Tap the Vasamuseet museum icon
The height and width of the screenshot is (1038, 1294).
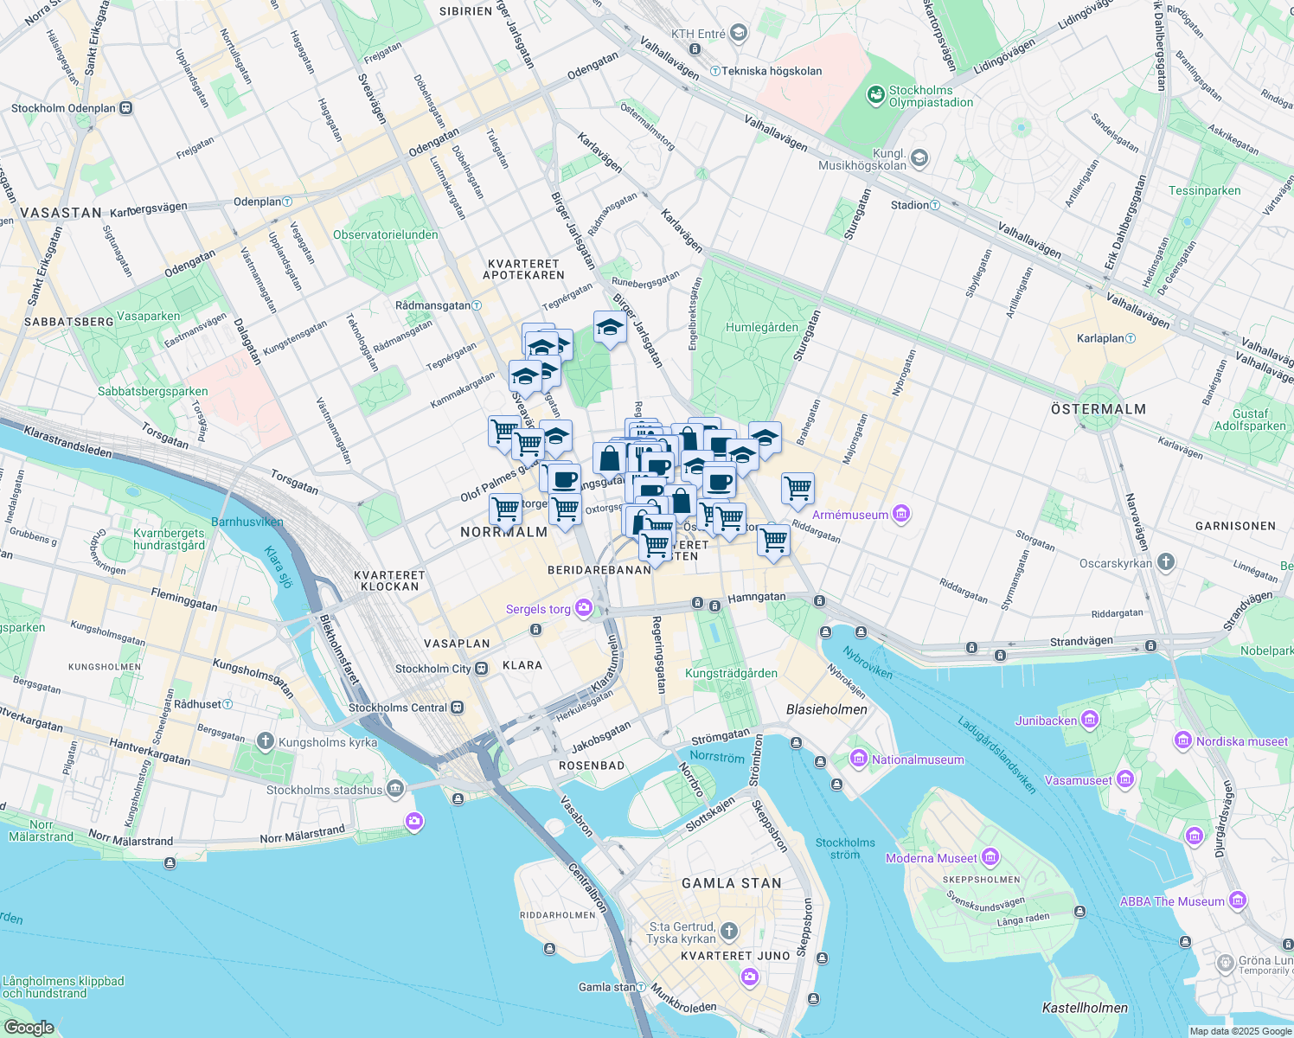coord(1124,779)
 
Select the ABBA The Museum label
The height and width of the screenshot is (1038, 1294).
coord(1172,901)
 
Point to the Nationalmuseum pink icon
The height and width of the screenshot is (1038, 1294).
coord(859,759)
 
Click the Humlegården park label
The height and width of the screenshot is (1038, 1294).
coord(761,327)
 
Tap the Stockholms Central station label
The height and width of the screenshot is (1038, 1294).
coord(398,708)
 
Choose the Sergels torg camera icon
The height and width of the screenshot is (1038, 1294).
coord(584,608)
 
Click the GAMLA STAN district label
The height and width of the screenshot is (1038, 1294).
coord(731,883)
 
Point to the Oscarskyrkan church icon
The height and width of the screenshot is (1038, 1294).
coord(1166,563)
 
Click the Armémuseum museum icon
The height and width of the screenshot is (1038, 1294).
coord(901,515)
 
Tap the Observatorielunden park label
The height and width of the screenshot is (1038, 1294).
coord(385,234)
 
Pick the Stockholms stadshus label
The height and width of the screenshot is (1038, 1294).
coord(324,790)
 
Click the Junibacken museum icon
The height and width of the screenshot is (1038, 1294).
coord(1090,720)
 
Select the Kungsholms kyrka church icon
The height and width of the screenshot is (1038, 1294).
coord(265,741)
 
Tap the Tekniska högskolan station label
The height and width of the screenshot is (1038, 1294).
coord(772,71)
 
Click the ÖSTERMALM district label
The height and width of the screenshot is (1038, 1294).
coord(1098,409)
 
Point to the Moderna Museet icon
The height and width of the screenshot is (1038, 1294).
coord(990,857)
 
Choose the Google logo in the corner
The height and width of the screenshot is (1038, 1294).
coord(29,1028)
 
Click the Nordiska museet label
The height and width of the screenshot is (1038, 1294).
coord(1242,741)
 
